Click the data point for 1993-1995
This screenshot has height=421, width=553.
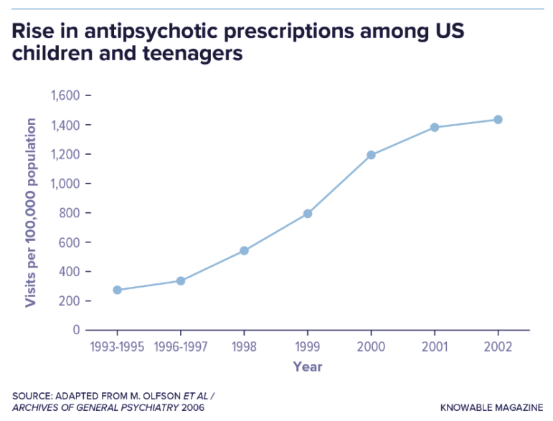(x=117, y=290)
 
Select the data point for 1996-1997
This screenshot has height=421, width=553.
(x=181, y=280)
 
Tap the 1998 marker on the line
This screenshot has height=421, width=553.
(x=244, y=250)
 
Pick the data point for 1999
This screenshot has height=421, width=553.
(x=308, y=213)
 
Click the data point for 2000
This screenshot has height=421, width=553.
(x=371, y=155)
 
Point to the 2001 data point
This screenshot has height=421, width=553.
(x=435, y=127)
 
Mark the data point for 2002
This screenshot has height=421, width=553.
(x=498, y=119)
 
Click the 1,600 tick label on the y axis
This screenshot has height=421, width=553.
(x=64, y=95)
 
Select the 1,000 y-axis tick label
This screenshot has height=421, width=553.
(x=64, y=184)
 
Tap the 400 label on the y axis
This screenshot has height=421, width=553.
(x=68, y=271)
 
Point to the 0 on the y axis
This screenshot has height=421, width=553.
(x=75, y=330)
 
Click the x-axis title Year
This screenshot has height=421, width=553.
(x=307, y=366)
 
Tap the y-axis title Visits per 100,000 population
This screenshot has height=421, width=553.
(x=31, y=213)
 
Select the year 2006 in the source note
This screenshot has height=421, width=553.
(x=192, y=407)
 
